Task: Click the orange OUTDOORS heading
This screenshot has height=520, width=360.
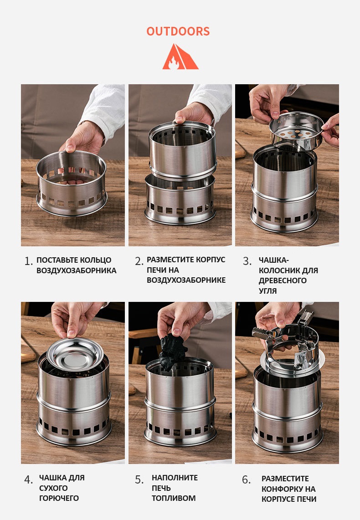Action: click(178, 31)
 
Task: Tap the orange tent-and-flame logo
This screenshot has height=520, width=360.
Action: click(180, 56)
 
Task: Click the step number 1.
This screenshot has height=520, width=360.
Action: click(28, 261)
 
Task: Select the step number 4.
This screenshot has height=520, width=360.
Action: click(28, 479)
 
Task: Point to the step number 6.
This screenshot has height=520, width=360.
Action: click(246, 479)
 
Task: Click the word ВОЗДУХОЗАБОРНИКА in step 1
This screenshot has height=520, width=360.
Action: click(76, 270)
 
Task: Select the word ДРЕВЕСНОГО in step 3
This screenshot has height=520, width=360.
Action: click(283, 280)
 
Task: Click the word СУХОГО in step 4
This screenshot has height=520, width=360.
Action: click(53, 488)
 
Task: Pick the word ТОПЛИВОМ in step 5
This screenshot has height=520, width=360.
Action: click(174, 498)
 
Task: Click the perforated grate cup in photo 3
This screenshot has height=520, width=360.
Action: click(296, 131)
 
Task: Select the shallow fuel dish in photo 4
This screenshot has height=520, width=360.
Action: click(75, 354)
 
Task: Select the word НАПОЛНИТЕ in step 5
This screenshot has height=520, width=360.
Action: click(175, 478)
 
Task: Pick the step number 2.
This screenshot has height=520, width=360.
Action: click(139, 261)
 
